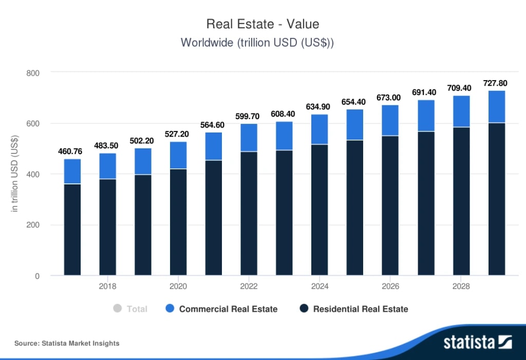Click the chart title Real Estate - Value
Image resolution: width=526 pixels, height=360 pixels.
click(x=262, y=24)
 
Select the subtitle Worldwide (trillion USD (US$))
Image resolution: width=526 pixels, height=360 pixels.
click(x=257, y=43)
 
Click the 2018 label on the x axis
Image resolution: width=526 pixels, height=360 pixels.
click(x=107, y=286)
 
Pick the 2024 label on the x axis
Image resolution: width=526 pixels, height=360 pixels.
click(x=320, y=286)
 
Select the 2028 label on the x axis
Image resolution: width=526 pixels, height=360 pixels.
click(x=461, y=286)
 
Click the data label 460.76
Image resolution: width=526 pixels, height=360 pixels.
click(x=72, y=151)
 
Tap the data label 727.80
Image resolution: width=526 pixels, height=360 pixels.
click(x=496, y=83)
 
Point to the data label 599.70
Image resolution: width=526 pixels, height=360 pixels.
click(x=249, y=116)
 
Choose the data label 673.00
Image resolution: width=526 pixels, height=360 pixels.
click(x=390, y=97)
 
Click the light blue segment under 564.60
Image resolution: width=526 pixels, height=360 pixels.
click(x=214, y=146)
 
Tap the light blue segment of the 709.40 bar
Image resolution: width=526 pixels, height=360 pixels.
click(x=461, y=111)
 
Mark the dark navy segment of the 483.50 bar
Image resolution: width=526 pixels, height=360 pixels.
click(x=108, y=227)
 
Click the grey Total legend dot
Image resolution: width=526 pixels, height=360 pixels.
click(x=117, y=309)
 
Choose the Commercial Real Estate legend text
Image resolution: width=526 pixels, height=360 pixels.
click(x=228, y=309)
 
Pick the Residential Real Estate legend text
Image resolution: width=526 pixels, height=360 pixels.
click(x=361, y=309)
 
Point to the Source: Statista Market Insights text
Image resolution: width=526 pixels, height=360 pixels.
click(x=67, y=343)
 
